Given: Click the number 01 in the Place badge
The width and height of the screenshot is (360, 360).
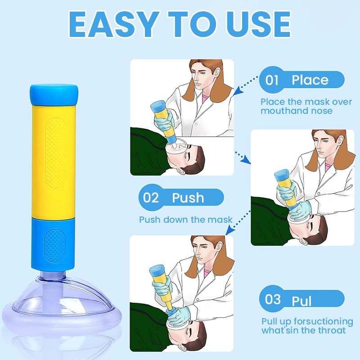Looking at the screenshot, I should point(272,81).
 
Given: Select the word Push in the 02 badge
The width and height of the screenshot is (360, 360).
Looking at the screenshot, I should point(188,198).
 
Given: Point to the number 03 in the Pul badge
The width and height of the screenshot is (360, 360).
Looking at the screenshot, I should point(273,299).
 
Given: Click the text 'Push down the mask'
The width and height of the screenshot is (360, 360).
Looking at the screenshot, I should point(185,220).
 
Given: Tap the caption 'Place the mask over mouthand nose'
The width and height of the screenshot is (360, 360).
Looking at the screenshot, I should point(306,106).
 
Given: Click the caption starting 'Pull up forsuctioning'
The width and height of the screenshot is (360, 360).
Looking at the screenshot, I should point(307,326).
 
